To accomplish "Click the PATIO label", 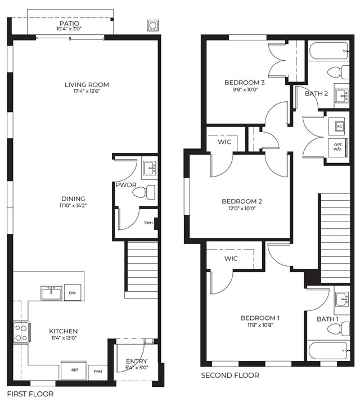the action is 70,23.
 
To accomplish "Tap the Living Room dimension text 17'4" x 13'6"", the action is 86,91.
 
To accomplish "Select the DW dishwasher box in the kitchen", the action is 73,292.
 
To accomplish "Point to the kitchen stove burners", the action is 21,333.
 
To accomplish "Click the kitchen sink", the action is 51,293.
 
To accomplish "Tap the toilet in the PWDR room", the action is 144,192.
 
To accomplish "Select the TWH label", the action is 148,223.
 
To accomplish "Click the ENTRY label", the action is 137,361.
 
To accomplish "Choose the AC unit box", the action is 340,127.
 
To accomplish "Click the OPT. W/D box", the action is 337,147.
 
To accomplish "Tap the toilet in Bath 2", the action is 338,72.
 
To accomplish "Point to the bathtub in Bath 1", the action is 329,350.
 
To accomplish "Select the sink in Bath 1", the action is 343,299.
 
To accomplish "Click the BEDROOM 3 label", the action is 244,83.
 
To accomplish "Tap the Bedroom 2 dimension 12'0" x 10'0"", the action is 242,208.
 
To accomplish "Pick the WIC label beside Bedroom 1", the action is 231,259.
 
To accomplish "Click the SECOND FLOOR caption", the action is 230,376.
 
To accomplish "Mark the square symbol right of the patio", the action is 152,26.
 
